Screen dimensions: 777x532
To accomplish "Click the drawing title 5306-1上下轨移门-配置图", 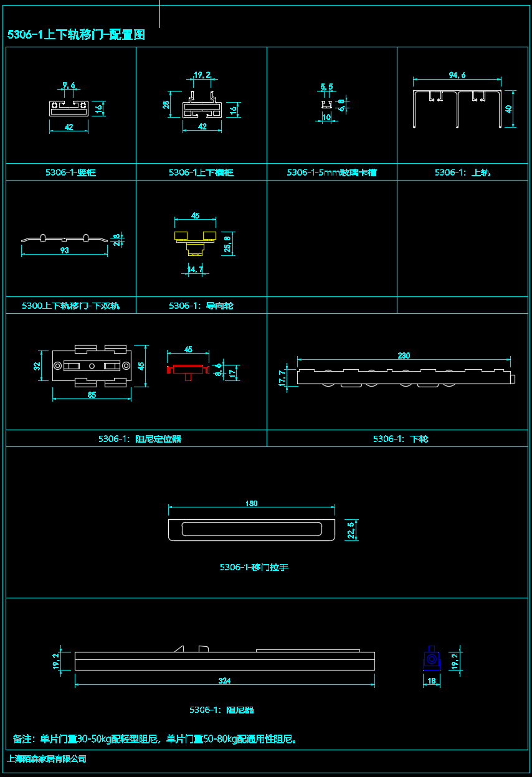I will pos(76,35).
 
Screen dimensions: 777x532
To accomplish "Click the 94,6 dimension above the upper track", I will pos(457,75).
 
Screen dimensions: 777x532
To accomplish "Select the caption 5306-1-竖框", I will pos(70,172).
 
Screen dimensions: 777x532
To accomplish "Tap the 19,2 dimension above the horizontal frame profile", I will pos(202,75).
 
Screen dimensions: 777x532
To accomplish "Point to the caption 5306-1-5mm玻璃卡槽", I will pos(331,172).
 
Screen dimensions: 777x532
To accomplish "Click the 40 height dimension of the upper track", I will pos(509,108).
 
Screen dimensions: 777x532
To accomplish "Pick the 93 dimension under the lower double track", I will pos(64,250).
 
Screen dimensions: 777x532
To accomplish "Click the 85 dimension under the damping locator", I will pos(92,395).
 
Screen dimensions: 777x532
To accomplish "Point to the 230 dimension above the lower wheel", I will pos(404,356).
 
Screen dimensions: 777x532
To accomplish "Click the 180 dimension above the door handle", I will pos(251,504).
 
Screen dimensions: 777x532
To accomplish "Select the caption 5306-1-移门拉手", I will pos(254,567).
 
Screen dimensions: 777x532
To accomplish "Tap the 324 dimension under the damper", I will pos(224,681).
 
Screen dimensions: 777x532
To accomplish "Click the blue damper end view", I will pos(431,659).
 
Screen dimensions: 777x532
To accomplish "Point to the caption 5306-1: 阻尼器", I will pos(222,710).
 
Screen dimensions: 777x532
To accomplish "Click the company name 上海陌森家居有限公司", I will pos(46,759).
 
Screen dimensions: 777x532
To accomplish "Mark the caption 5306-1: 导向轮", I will pos(201,306).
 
